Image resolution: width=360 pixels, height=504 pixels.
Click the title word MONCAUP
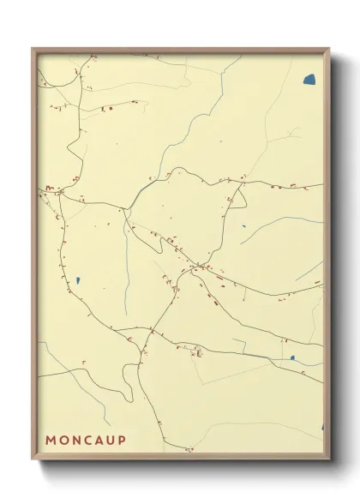(86, 440)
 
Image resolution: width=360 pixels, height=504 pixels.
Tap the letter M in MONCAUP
(50, 440)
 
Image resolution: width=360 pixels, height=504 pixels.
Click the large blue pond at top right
(309, 80)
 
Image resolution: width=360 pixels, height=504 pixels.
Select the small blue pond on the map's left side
(77, 280)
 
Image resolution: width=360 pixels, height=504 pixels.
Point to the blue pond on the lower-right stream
(292, 358)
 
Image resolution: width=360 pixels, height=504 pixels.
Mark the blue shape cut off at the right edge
(322, 426)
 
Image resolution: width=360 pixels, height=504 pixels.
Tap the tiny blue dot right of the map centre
(243, 227)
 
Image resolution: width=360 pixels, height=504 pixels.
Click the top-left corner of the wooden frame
(33, 49)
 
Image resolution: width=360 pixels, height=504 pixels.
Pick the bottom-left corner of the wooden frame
(33, 459)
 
